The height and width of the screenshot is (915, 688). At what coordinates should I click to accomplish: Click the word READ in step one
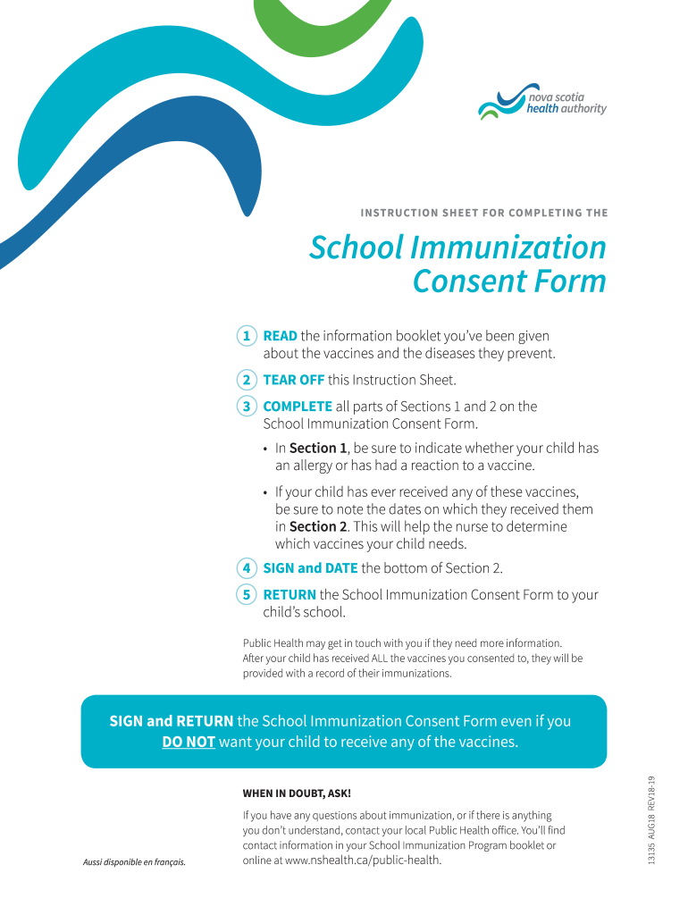[x=280, y=336]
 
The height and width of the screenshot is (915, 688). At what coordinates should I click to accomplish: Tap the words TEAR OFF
[x=293, y=380]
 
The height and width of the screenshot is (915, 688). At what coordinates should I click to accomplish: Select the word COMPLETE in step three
[x=298, y=407]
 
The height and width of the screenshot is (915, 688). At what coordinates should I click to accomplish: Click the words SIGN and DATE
[x=310, y=567]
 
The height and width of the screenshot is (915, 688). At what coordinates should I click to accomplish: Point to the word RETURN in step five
[x=289, y=594]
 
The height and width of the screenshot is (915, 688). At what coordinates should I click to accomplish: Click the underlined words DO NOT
[x=189, y=742]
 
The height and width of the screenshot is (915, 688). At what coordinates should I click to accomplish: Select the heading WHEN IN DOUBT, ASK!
[x=297, y=793]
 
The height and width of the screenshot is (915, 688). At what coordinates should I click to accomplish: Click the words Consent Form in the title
[x=509, y=281]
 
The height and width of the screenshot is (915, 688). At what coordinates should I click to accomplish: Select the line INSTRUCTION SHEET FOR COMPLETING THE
[x=483, y=213]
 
